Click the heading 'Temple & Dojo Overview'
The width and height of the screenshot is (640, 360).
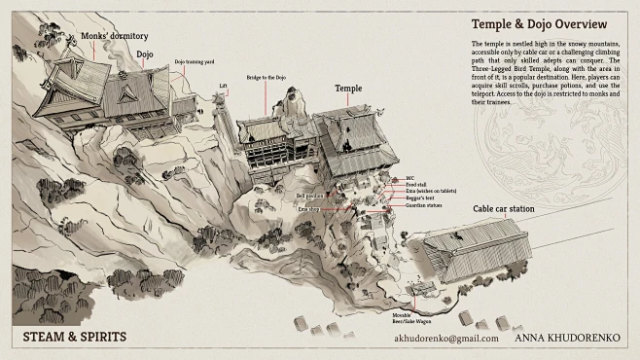(539, 23)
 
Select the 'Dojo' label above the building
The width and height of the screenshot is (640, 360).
(145, 55)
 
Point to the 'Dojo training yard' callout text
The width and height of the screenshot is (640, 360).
(193, 61)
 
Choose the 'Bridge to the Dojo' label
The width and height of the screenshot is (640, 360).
(266, 76)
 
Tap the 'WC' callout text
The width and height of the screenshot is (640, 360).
(409, 178)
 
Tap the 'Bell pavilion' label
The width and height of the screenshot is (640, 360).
(309, 195)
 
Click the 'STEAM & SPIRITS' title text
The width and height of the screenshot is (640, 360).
(75, 338)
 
